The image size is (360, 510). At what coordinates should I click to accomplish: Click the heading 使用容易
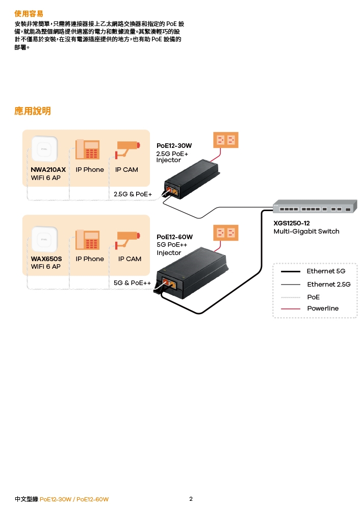[29, 13]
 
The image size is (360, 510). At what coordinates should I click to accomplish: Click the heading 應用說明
[33, 111]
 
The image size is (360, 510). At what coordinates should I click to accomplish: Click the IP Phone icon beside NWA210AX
[87, 150]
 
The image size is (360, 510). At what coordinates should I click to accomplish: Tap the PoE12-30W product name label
[174, 146]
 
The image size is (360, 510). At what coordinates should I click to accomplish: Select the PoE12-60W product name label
[174, 237]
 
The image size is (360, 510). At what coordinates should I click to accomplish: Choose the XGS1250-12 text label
[292, 223]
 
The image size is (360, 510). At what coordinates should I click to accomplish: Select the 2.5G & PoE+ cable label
[133, 194]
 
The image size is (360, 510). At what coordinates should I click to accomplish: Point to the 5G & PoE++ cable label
[132, 283]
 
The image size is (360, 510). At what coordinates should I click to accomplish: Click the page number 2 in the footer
[191, 499]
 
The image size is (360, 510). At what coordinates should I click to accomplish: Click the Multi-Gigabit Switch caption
[306, 232]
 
